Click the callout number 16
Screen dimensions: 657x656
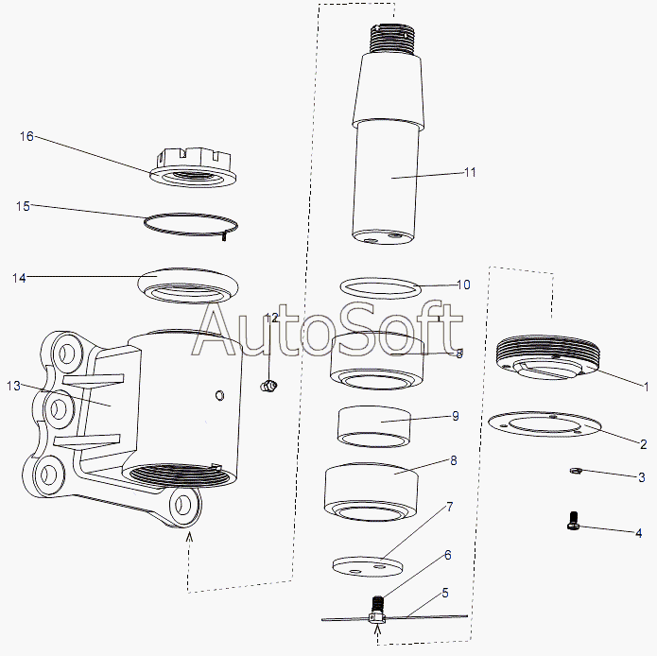[26, 136]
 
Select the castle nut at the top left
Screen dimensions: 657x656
[193, 166]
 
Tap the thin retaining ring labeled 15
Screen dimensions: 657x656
[191, 225]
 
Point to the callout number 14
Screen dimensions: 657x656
[19, 278]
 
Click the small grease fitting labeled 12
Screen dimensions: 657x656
[268, 386]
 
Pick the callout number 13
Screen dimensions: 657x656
[13, 386]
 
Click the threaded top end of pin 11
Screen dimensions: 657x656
[392, 39]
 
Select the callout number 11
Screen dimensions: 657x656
[470, 172]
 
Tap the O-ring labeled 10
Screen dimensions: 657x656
[380, 288]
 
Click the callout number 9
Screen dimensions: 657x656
[456, 416]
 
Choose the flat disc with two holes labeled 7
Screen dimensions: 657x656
[368, 566]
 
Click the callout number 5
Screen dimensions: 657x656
[445, 593]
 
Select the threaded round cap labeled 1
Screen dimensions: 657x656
[548, 357]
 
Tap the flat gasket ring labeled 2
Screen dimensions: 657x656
[545, 423]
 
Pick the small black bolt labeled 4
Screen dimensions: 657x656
[573, 521]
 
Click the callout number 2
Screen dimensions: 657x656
[644, 443]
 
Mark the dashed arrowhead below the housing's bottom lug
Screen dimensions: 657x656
[189, 536]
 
